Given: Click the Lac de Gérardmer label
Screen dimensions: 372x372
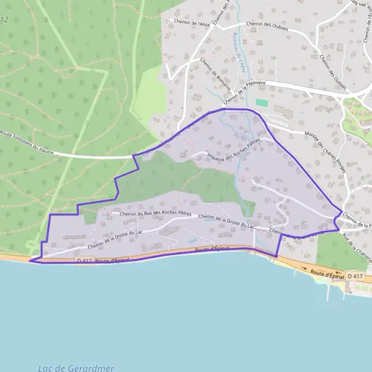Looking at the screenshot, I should (76, 368).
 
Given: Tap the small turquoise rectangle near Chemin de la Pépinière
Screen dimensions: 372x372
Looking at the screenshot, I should (262, 102).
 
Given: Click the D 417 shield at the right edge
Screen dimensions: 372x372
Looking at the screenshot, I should (355, 276).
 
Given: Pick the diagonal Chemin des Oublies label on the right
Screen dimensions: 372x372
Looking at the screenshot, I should (334, 68).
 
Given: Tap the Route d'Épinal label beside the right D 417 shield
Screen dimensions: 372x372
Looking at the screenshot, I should (326, 272).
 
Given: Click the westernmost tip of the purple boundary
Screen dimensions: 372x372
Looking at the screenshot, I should (30, 261).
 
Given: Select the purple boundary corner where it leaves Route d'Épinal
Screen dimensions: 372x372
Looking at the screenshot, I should (276, 256).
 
